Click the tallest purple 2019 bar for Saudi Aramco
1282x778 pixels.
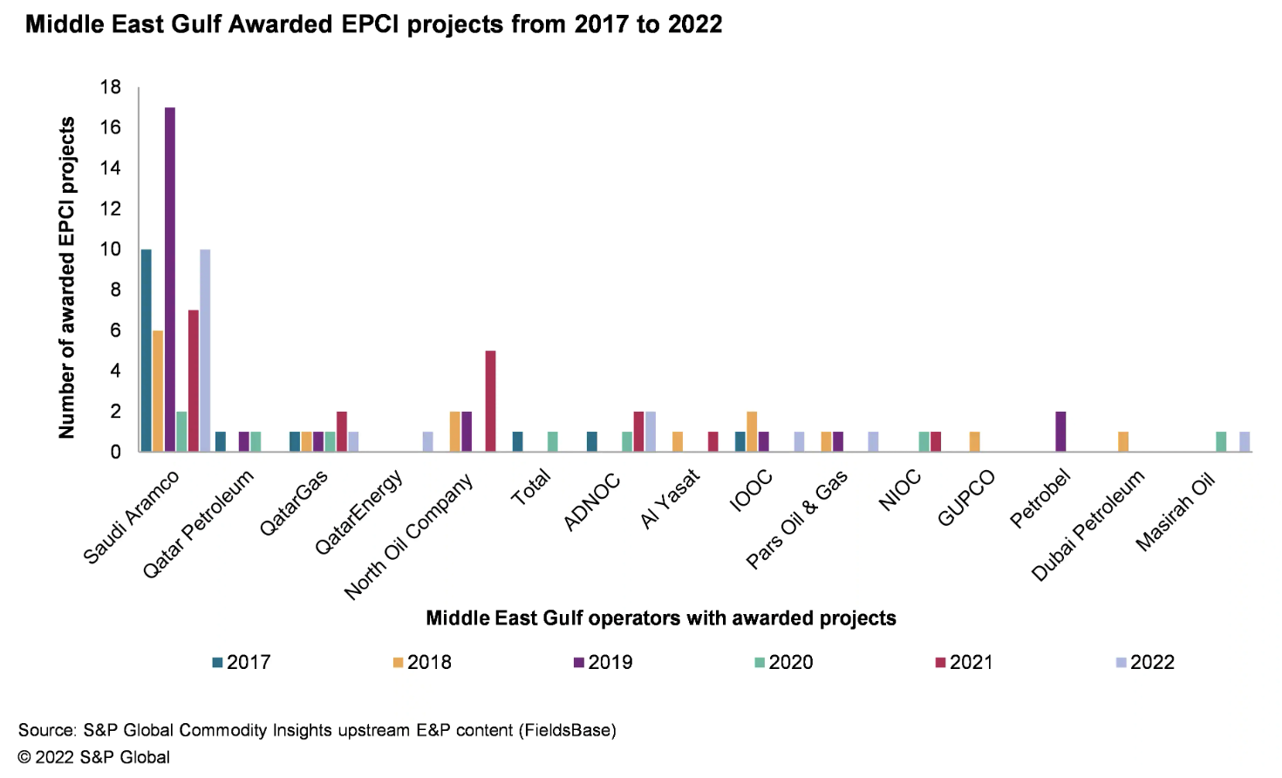(170, 279)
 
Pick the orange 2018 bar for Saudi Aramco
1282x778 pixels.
(158, 391)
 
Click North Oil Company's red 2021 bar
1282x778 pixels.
(490, 401)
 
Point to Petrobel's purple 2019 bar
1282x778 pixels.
(1060, 432)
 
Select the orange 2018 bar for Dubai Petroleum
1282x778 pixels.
(1123, 441)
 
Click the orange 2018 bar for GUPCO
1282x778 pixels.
(975, 441)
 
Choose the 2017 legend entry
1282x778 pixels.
(242, 662)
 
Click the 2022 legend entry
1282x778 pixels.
(1145, 662)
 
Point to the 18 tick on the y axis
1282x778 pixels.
(111, 87)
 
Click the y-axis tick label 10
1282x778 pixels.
(111, 249)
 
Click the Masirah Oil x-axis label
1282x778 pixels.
(1176, 512)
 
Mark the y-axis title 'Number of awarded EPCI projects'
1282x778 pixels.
(67, 277)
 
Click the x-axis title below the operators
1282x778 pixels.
(660, 618)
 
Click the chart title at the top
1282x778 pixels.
(373, 24)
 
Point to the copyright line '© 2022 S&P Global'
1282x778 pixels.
(94, 757)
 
